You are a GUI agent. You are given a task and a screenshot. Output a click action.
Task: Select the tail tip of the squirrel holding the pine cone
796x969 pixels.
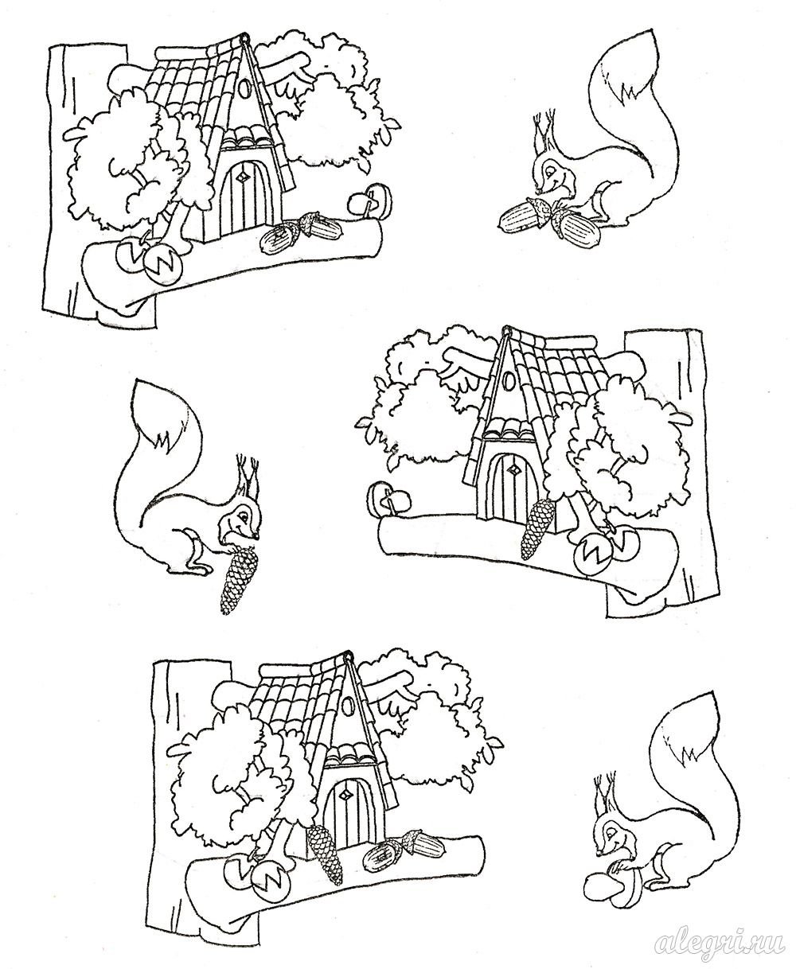pos(135,384)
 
